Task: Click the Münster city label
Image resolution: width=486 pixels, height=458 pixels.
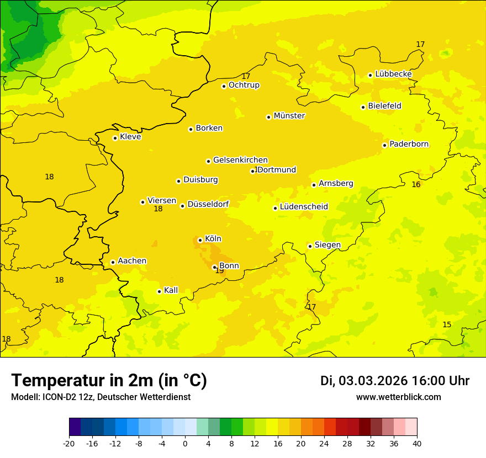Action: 289,116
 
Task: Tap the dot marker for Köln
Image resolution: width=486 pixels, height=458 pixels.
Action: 200,240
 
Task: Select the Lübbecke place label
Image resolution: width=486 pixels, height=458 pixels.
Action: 393,74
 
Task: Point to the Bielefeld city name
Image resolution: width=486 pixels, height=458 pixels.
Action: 384,106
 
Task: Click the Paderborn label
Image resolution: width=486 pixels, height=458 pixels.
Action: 409,144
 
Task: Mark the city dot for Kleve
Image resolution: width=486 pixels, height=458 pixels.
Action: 115,138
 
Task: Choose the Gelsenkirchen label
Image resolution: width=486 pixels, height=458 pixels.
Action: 240,160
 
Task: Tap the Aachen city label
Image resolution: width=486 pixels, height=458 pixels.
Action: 132,261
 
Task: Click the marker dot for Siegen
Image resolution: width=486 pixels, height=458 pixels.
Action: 310,246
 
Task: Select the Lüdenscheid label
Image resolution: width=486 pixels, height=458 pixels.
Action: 304,207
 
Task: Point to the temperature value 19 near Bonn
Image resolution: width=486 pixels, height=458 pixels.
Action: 219,271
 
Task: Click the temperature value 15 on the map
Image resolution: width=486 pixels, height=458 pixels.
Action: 447,324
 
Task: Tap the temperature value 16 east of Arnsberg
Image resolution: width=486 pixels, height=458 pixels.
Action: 416,184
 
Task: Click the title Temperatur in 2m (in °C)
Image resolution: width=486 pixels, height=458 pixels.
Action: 109,380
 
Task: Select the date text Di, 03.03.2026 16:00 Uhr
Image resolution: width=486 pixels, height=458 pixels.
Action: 394,381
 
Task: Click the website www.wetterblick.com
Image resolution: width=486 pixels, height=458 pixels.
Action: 398,397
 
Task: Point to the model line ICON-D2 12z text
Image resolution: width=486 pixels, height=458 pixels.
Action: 101,397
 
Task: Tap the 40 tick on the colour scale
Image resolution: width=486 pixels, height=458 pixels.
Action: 416,443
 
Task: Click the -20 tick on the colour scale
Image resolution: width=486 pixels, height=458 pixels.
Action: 69,443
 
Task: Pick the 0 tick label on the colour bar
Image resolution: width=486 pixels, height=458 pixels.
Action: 185,443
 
